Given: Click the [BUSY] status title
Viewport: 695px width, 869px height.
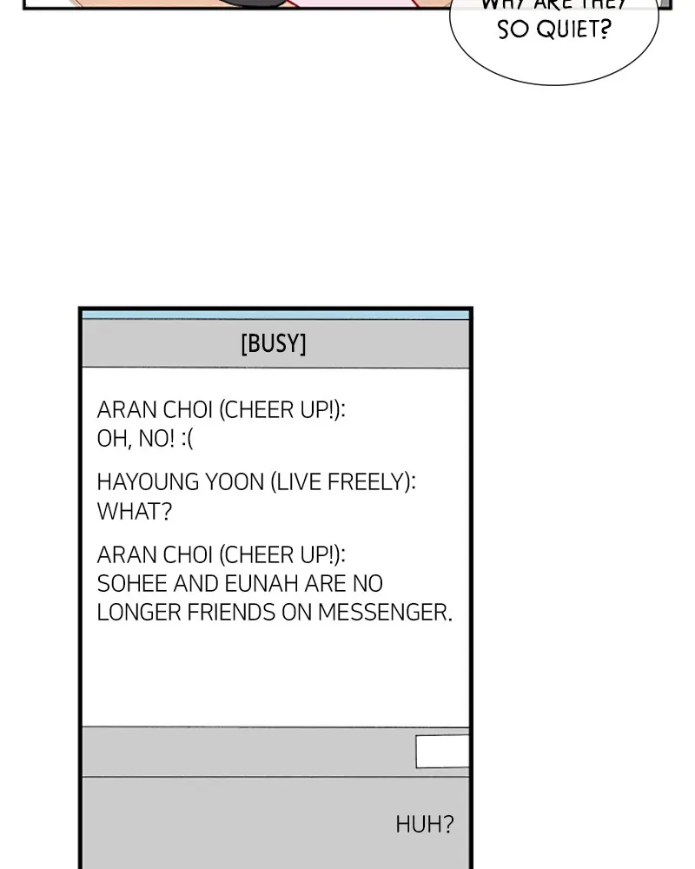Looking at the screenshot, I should pyautogui.click(x=274, y=344).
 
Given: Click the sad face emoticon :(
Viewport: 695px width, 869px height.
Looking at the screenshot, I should pyautogui.click(x=187, y=439).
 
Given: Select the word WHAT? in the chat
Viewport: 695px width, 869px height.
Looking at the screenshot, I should pyautogui.click(x=135, y=512).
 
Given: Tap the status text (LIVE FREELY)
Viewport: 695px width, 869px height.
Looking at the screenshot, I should pyautogui.click(x=342, y=482).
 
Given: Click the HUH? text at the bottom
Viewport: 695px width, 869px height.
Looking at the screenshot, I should pyautogui.click(x=425, y=824).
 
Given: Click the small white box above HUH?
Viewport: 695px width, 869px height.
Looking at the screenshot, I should pyautogui.click(x=442, y=752).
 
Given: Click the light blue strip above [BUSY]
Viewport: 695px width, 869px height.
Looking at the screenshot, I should pyautogui.click(x=275, y=315).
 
